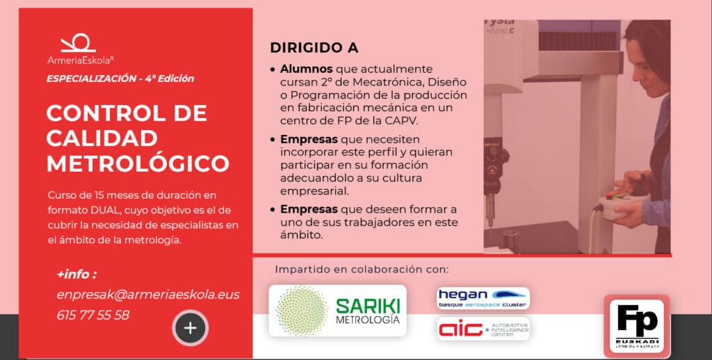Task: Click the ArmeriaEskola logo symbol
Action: [78, 43]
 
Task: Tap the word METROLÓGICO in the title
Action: [138, 163]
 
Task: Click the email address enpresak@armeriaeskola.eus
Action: [148, 295]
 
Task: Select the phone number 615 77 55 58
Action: [92, 315]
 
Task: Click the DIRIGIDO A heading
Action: [314, 49]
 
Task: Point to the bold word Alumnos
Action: [307, 69]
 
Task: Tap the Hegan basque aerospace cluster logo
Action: [483, 297]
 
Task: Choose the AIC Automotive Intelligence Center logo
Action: [483, 328]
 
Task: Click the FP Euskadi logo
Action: [637, 326]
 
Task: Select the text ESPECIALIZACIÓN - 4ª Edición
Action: [120, 79]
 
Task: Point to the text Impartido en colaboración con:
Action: [362, 269]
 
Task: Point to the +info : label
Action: [76, 274]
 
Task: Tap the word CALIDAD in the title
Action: [102, 138]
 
